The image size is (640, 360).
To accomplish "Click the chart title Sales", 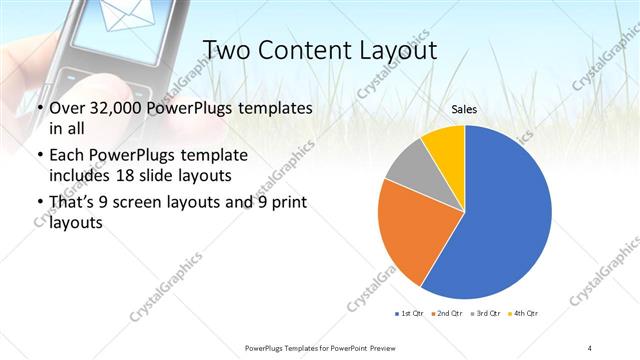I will tap(464, 108).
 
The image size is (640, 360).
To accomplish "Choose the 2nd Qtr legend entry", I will tap(445, 314).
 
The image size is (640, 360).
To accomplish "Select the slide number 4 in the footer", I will tap(590, 347).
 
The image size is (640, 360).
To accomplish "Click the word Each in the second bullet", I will tap(67, 157).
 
